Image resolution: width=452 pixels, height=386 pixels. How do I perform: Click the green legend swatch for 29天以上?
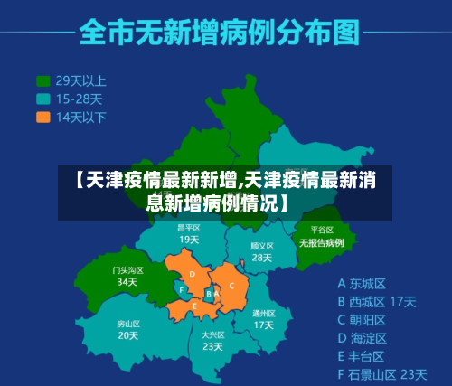click(x=42, y=80)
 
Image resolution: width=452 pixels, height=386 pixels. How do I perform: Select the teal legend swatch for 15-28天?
click(x=42, y=99)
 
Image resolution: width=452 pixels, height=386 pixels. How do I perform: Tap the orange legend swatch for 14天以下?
click(x=42, y=117)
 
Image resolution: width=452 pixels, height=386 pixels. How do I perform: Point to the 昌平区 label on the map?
click(x=188, y=228)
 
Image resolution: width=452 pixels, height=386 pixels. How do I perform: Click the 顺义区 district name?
click(x=261, y=245)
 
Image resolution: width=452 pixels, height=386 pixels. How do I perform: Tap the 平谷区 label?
click(x=322, y=231)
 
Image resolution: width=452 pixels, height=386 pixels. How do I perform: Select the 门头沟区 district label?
click(x=127, y=269)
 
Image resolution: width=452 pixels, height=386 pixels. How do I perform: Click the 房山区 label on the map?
click(x=127, y=323)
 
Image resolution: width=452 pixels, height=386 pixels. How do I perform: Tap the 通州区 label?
click(x=263, y=312)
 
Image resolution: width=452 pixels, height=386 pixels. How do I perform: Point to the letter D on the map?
click(x=192, y=275)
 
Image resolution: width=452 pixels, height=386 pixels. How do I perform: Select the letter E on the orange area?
click(x=195, y=306)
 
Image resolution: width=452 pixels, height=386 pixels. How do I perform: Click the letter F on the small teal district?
click(x=182, y=290)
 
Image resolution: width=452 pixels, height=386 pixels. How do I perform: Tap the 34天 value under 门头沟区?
click(x=127, y=282)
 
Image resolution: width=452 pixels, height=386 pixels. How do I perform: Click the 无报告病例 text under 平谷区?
click(x=322, y=243)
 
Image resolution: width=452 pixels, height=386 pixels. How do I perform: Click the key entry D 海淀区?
click(x=362, y=337)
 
